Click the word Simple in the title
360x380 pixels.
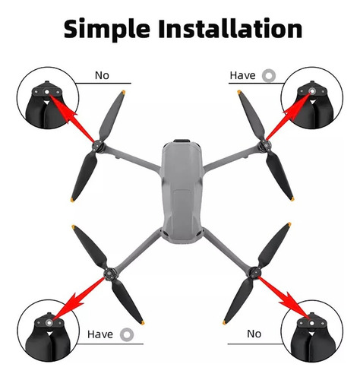107,30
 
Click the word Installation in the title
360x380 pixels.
230,28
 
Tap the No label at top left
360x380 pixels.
102,75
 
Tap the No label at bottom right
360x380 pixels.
254,334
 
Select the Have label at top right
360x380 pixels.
242,75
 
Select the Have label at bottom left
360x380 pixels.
100,334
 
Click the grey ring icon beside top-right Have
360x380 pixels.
269,75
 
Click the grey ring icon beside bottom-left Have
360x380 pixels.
127,334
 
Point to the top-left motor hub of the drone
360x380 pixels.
97,147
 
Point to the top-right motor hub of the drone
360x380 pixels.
264,146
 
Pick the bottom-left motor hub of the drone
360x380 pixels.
109,274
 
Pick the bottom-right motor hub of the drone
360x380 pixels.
254,273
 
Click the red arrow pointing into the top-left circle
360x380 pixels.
71,118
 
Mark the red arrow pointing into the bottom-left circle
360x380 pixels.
78,299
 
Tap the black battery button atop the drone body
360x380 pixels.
182,141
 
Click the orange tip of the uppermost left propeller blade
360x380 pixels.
123,92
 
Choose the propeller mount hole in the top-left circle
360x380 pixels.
46,93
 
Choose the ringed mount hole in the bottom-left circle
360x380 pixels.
49,323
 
